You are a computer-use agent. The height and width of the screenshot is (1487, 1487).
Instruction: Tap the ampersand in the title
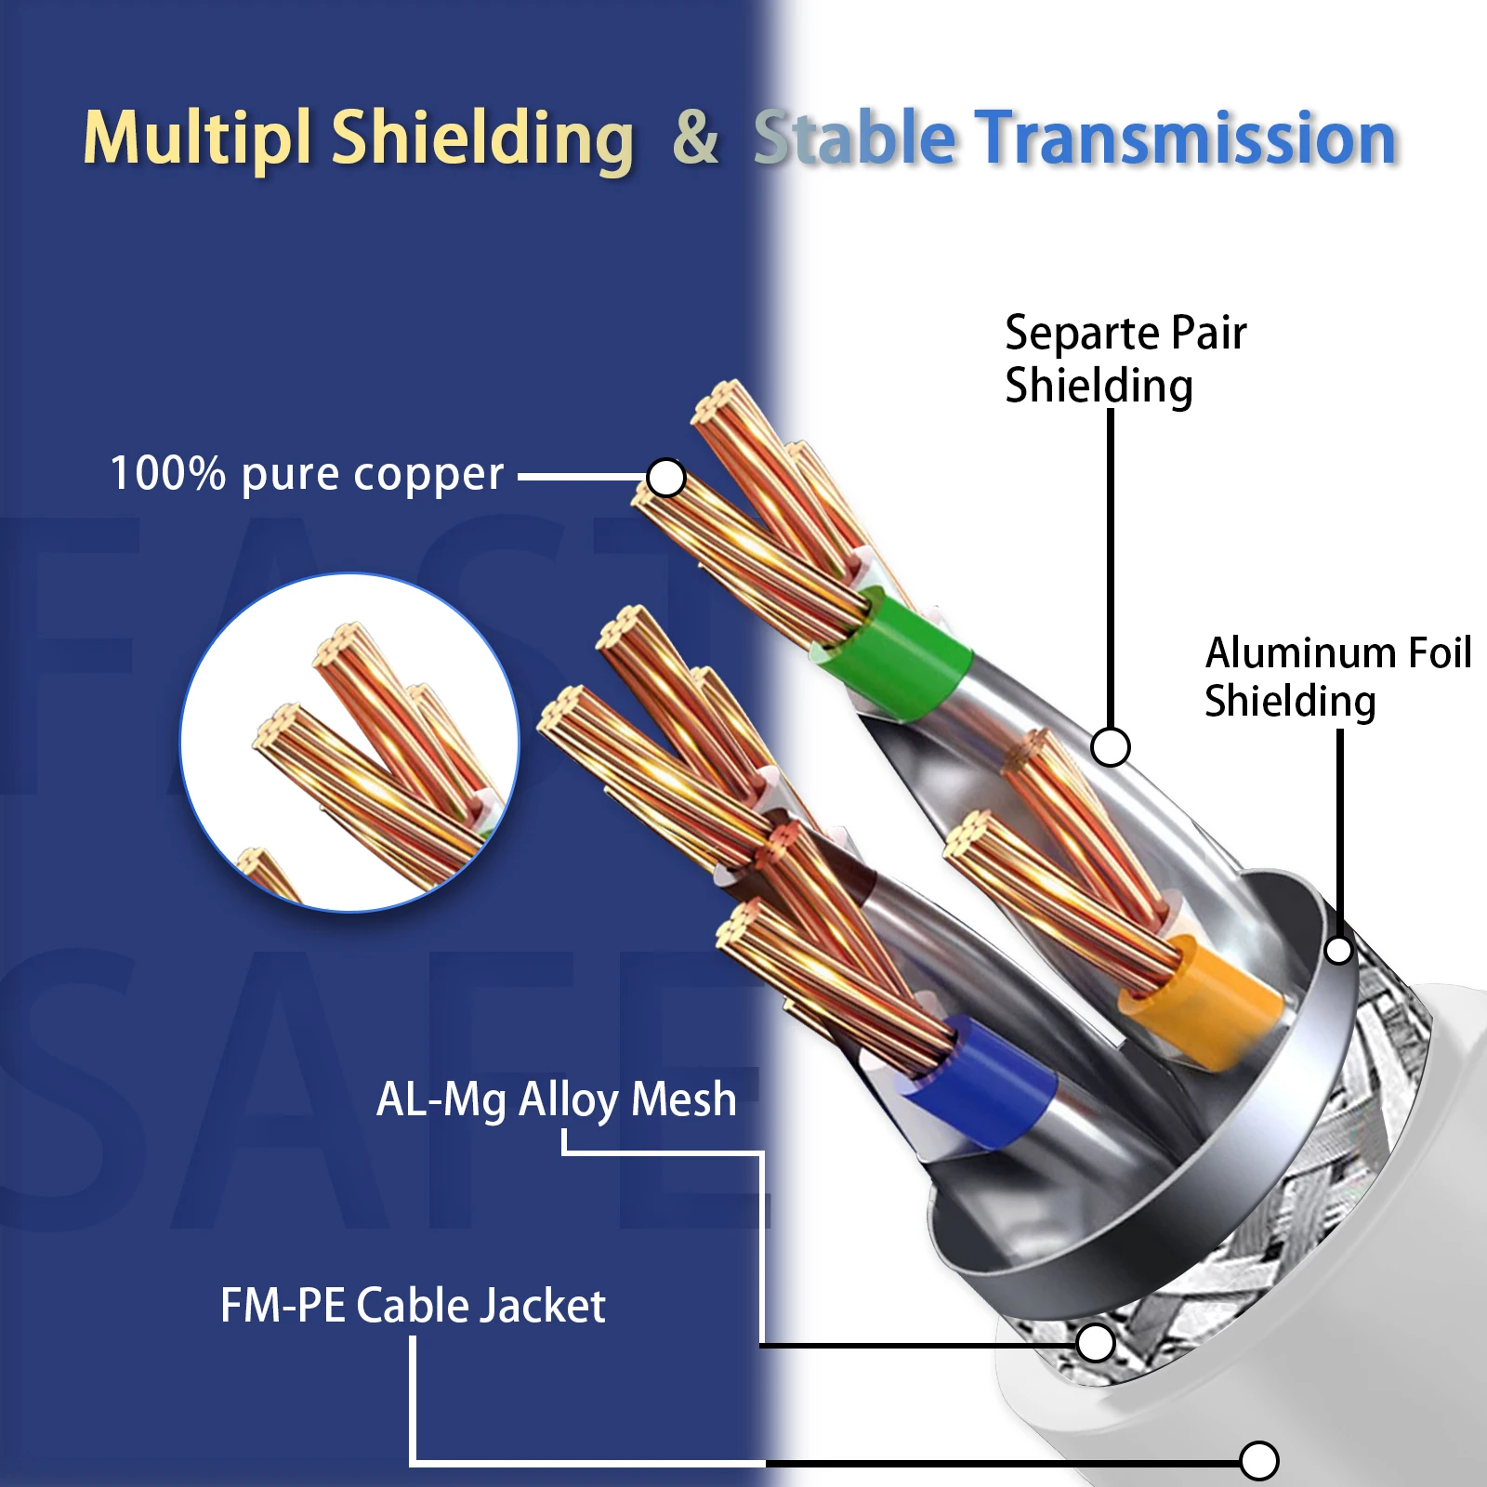click(695, 138)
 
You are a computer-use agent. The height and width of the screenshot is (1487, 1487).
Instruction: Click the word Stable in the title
click(854, 138)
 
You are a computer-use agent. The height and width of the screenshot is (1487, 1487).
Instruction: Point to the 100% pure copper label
click(307, 475)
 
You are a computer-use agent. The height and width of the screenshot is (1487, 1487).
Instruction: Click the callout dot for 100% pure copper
click(665, 478)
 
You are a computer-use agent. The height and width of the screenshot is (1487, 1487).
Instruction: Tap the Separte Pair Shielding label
click(1125, 359)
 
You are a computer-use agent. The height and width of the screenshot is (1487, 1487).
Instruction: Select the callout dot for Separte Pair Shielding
click(1110, 746)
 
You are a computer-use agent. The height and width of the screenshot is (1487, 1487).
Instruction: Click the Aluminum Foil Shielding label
click(1337, 677)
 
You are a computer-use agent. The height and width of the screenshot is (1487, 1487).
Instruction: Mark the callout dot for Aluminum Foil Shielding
click(1338, 950)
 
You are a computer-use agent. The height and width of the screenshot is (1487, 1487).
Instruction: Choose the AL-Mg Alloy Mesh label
click(556, 1099)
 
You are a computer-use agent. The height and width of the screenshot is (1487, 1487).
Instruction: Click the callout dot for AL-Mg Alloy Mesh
click(1096, 1342)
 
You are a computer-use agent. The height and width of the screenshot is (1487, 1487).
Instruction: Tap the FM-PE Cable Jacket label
click(413, 1306)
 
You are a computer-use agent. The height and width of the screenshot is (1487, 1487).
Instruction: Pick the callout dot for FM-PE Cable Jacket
click(1258, 1460)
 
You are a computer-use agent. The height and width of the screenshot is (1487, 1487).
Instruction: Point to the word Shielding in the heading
click(482, 138)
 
